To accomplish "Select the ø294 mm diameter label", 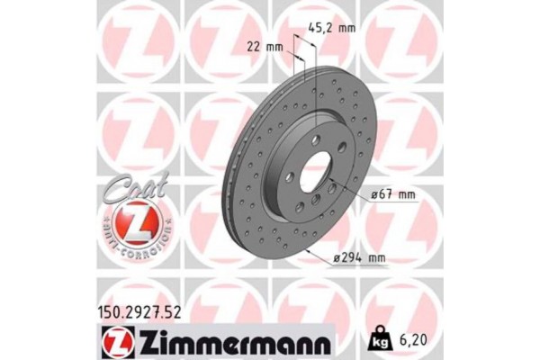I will [359, 258].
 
